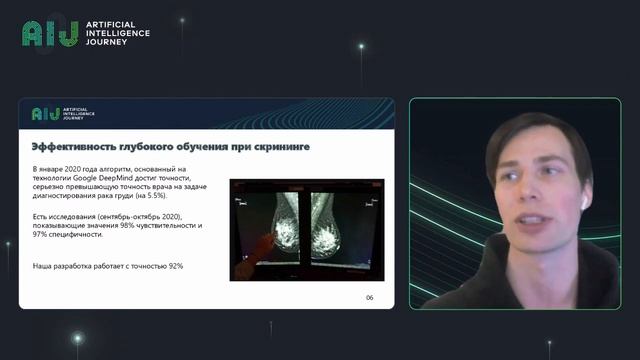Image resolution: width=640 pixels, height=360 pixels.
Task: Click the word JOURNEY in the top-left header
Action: click(105, 44)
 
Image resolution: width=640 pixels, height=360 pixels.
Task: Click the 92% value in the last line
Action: click(173, 266)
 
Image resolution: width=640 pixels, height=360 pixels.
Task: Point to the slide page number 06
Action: click(369, 298)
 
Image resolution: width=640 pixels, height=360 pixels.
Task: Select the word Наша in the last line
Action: click(44, 266)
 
